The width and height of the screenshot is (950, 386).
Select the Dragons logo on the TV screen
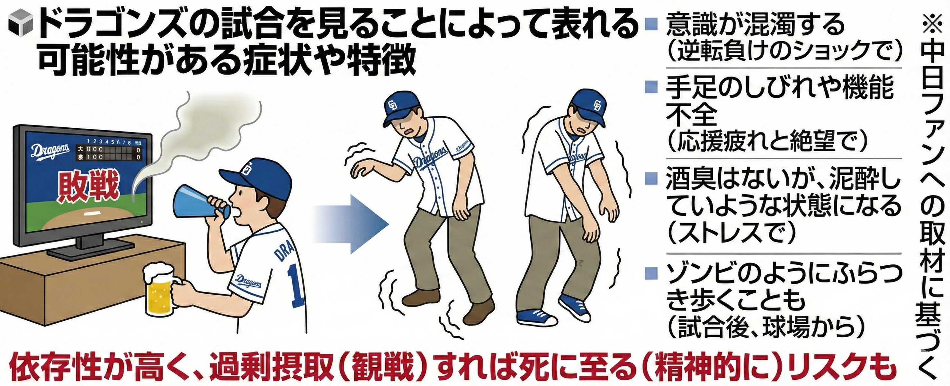50,151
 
